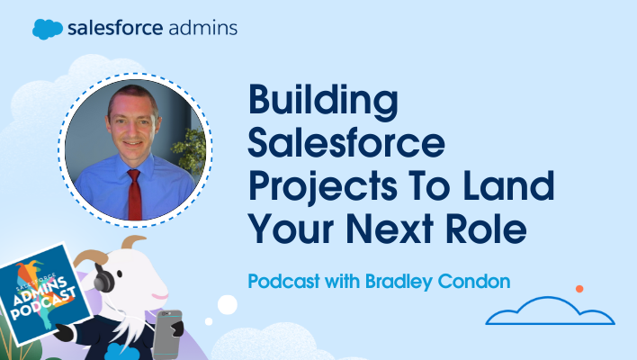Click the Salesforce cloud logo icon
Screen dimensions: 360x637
[48, 28]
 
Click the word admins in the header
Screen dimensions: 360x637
[202, 28]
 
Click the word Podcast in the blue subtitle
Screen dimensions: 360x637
[279, 281]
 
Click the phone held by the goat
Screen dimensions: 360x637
[169, 330]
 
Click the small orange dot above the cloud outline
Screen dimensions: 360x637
[579, 290]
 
